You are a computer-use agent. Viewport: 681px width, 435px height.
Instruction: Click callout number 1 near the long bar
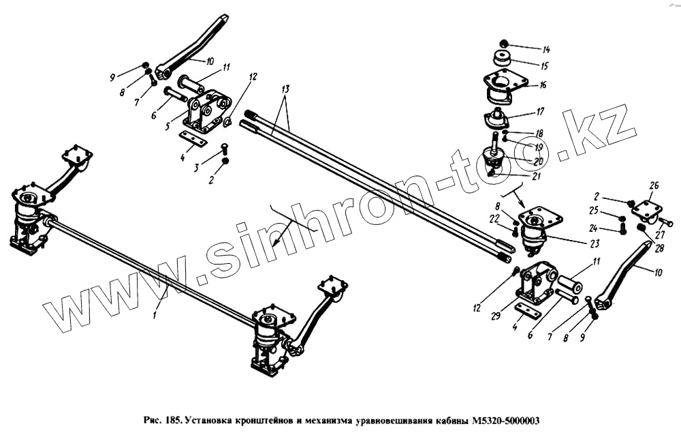(x=155, y=314)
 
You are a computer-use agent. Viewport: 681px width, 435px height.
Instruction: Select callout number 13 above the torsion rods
(x=285, y=90)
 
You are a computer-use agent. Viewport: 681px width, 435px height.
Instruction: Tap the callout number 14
(x=545, y=50)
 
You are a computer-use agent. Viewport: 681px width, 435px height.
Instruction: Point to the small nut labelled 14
(x=504, y=44)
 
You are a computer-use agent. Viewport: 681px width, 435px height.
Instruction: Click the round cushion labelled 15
(x=503, y=58)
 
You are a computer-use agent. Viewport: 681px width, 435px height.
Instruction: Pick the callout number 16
(x=543, y=85)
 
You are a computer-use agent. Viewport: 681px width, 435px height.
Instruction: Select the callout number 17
(x=540, y=112)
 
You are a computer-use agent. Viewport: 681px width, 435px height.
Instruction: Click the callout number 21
(x=537, y=176)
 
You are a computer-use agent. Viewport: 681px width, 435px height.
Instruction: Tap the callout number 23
(x=594, y=243)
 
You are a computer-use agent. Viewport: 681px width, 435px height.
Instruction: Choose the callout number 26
(x=654, y=185)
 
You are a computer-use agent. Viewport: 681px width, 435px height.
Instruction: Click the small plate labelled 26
(x=646, y=211)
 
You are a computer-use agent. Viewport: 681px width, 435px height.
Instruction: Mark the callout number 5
(x=168, y=127)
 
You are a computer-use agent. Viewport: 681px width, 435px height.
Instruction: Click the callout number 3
(x=196, y=168)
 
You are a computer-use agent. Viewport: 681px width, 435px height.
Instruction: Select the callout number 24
(x=593, y=228)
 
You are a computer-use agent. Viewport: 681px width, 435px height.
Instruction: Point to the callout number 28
(x=659, y=249)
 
